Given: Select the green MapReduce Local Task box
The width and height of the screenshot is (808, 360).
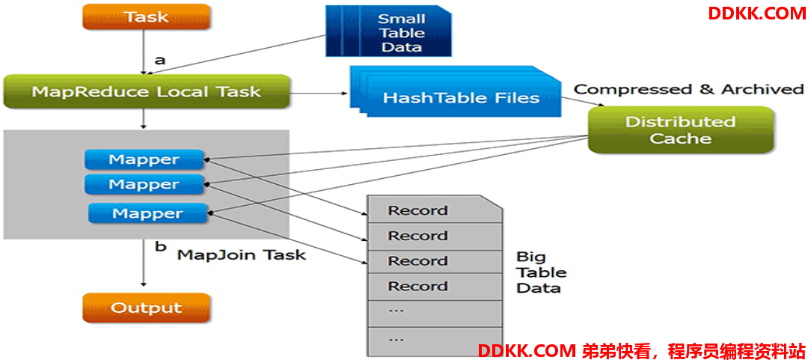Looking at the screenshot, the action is click(147, 92).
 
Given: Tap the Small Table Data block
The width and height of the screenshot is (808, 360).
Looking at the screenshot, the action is click(388, 32).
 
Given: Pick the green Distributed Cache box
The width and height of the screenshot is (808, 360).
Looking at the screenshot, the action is click(680, 129).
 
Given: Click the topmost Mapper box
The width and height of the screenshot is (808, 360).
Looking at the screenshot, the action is click(144, 159).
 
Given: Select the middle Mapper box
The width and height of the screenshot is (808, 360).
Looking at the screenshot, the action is click(144, 184).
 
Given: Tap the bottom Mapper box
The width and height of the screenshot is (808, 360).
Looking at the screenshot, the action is click(148, 213).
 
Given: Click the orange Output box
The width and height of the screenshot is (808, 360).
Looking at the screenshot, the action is click(147, 308).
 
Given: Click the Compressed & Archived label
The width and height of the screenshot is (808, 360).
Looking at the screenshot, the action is click(689, 90).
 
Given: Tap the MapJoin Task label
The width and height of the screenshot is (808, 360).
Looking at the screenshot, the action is click(242, 254).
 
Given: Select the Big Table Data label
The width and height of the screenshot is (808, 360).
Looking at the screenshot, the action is click(541, 272).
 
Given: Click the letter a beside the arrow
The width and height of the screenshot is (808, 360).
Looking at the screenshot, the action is click(160, 61).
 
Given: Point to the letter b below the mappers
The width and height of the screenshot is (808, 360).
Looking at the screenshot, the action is click(161, 246).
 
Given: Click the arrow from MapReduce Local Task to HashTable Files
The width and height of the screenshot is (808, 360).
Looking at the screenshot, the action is click(318, 94).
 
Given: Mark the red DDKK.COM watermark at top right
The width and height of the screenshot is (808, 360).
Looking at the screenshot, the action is click(756, 13).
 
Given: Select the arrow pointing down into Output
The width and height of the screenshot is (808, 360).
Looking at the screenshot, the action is click(144, 263).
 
